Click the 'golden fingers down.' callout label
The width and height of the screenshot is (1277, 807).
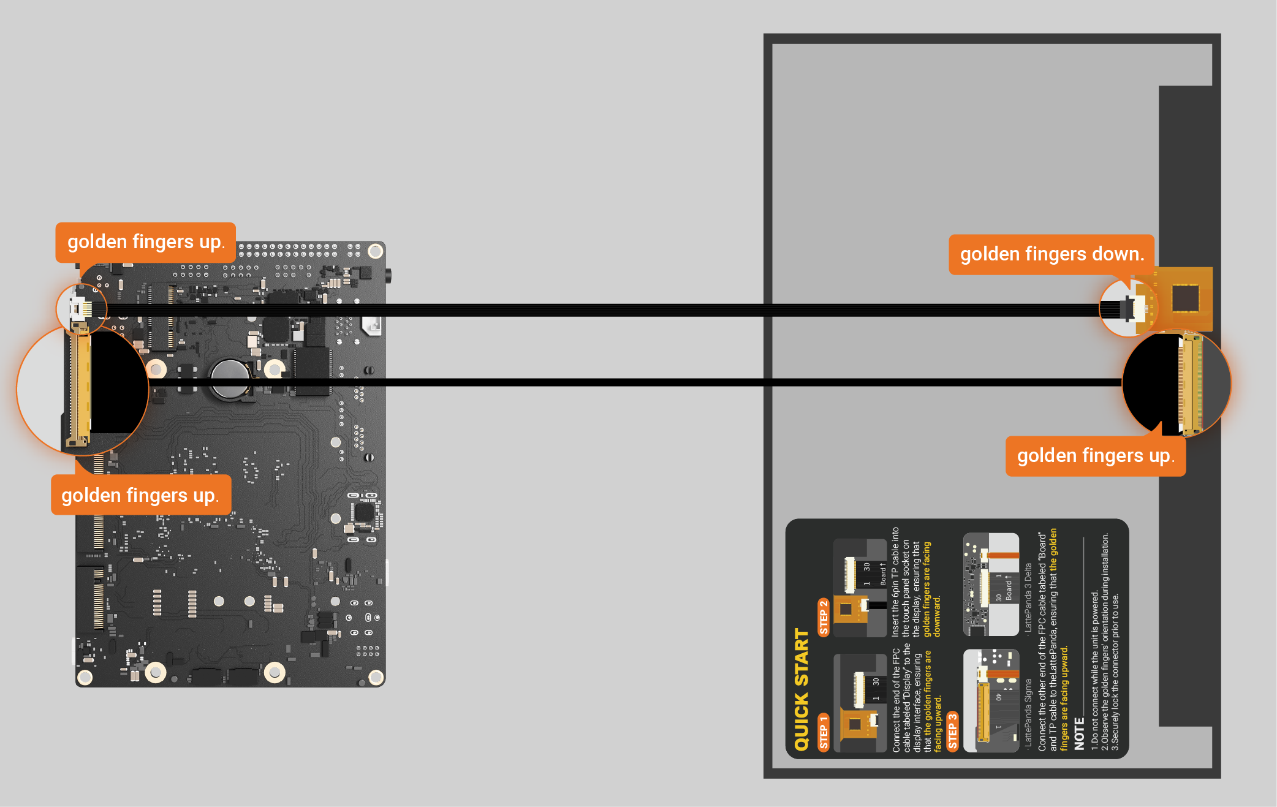pos(1052,254)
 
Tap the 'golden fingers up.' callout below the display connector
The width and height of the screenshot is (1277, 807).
pos(1095,456)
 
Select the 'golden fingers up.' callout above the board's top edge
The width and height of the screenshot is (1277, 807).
pos(146,242)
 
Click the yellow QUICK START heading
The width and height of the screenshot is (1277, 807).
pos(802,689)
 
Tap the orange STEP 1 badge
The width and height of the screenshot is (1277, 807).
pos(824,732)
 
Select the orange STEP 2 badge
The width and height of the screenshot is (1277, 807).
pos(824,617)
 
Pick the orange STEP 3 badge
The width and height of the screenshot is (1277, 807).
pos(953,731)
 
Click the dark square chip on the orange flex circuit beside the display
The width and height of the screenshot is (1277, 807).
pos(1185,298)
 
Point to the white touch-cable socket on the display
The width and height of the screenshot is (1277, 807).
pos(1138,308)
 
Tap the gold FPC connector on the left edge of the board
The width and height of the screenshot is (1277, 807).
pos(80,386)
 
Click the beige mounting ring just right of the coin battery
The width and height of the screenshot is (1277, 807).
pos(274,369)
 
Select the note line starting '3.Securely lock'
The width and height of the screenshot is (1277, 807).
pos(1115,672)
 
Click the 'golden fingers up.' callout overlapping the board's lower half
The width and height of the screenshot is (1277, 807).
pos(140,495)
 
